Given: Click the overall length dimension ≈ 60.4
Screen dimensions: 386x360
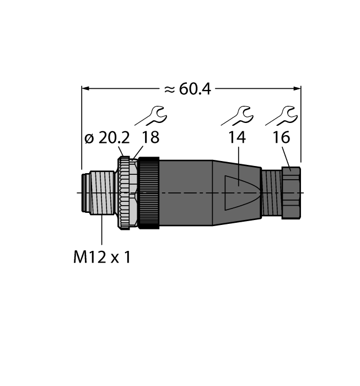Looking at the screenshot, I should (187, 89).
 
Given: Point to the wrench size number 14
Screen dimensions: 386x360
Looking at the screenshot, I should (237, 138).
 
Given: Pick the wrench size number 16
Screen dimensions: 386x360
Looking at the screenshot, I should (281, 138).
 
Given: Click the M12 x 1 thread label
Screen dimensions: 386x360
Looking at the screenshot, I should (102, 258).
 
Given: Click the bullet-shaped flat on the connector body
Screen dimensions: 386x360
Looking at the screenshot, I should (238, 192).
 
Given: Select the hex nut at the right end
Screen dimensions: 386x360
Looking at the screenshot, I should (292, 192).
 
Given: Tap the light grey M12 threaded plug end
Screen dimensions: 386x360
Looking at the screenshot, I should (98, 192).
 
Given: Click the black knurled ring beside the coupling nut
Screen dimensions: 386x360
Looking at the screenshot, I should (149, 192).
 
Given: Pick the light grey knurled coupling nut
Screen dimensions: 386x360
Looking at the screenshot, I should (126, 192).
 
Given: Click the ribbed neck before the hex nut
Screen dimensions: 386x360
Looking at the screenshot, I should (271, 192).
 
